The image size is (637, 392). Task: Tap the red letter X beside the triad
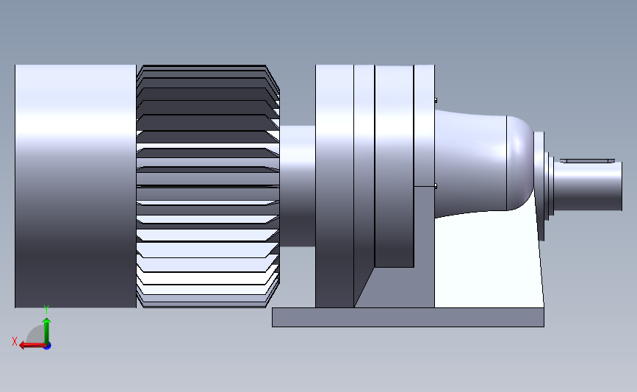point(14,341)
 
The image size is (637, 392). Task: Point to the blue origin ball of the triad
point(47,346)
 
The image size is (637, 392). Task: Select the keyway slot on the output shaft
point(590,160)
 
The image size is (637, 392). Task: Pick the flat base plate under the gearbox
point(408,317)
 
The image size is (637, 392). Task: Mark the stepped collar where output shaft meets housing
point(550,184)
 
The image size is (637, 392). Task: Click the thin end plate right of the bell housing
point(539,184)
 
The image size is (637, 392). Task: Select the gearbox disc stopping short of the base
point(394,165)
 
